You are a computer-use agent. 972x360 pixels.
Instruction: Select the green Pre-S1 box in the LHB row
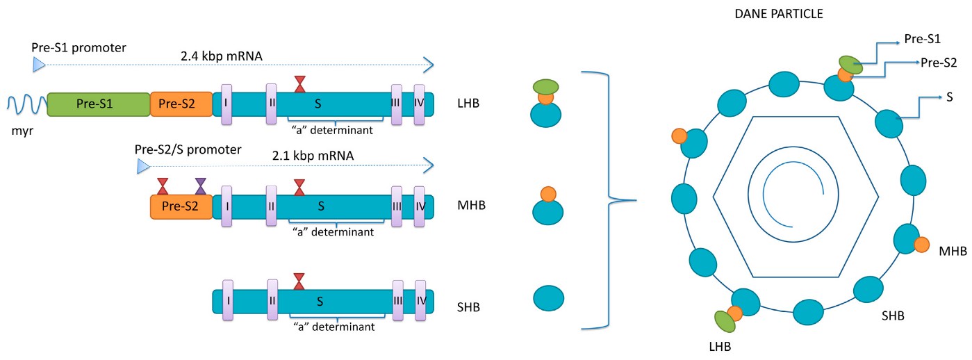(x=99, y=104)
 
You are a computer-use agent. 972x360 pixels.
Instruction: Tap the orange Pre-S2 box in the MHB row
(x=181, y=206)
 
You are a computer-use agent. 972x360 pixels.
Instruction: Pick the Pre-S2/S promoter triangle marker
(x=143, y=166)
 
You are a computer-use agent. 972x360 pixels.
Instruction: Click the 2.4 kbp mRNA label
(x=221, y=55)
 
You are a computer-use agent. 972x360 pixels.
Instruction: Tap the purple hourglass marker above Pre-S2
(x=201, y=186)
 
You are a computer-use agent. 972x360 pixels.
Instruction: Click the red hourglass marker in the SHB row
(x=299, y=281)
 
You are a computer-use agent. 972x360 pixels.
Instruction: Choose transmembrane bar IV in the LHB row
(x=420, y=105)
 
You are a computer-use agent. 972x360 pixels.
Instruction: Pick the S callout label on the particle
(x=949, y=98)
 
